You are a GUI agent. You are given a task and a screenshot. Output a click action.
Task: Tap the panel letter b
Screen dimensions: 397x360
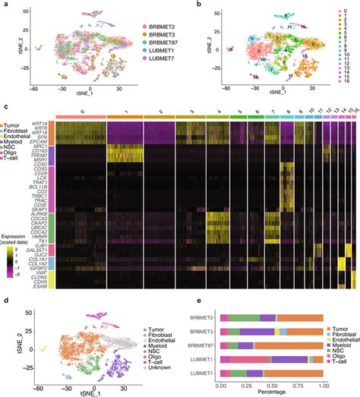click(x=185, y=5)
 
